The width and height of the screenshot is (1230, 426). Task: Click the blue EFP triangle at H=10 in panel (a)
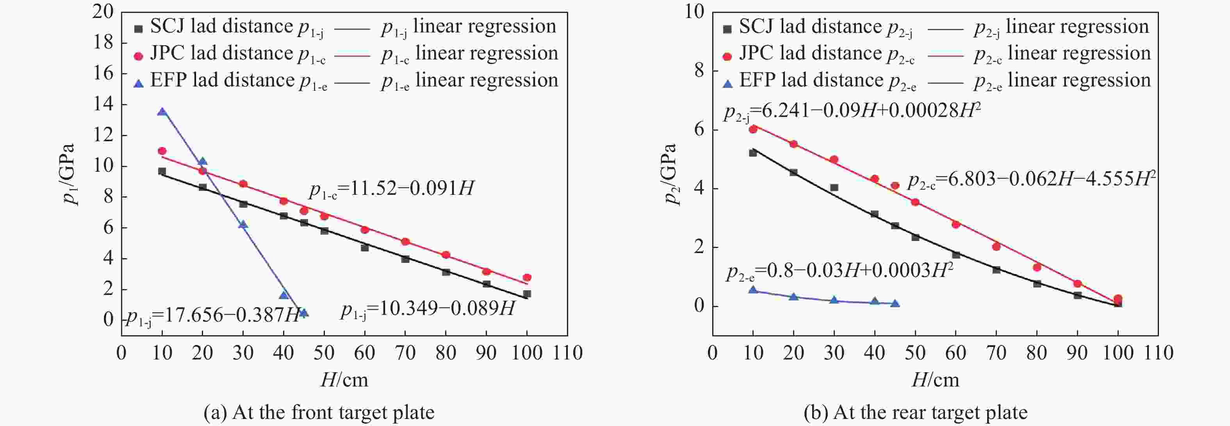pos(162,112)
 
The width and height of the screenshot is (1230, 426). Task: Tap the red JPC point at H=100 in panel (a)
pos(527,278)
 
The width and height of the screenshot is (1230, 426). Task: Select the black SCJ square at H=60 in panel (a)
pos(365,248)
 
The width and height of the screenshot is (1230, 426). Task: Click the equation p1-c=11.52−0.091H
pos(392,189)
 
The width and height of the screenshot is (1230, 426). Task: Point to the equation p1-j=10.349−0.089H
pos(428,309)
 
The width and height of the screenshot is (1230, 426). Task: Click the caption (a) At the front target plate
pos(319,412)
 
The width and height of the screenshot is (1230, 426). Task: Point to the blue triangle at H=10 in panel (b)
pos(753,290)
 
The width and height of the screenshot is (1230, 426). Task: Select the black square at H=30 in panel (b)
pos(834,187)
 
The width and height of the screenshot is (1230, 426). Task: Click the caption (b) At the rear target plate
pos(915,412)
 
